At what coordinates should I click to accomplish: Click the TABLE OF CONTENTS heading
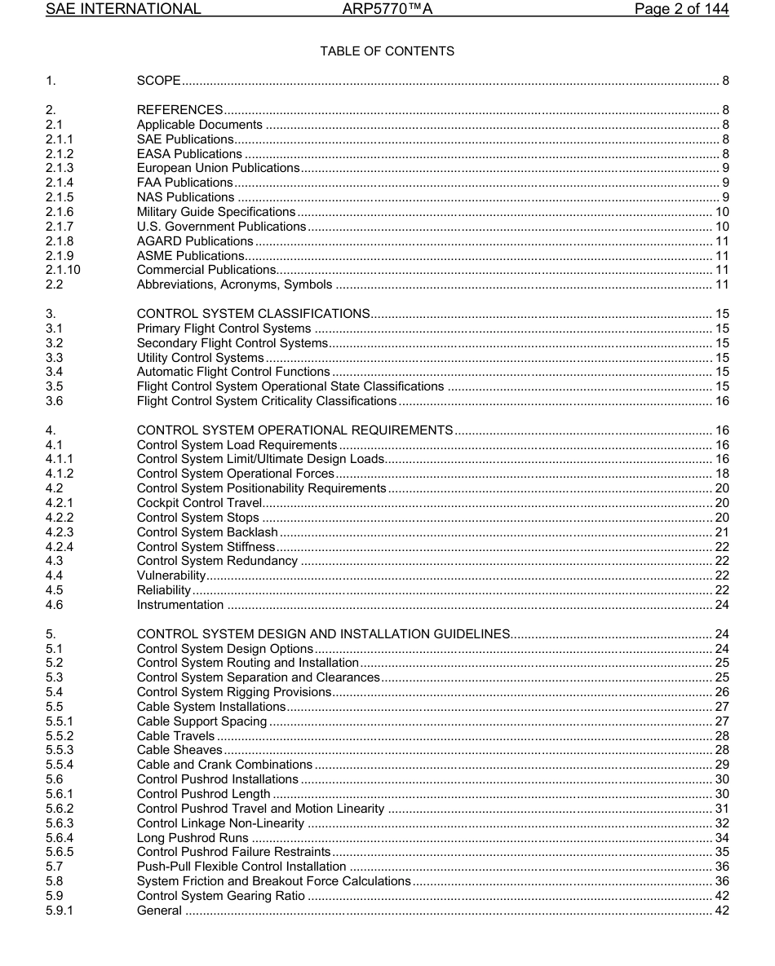pos(387,51)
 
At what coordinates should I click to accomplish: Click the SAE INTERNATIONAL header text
pos(123,10)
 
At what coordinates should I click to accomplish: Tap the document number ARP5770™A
pos(387,10)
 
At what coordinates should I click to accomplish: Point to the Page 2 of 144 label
pos(681,10)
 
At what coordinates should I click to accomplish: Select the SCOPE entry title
pos(158,81)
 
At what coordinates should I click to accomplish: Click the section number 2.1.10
pos(63,270)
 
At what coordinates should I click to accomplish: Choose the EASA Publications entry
pos(189,154)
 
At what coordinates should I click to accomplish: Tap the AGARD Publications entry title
pos(195,241)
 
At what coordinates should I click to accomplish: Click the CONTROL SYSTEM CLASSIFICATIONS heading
pos(253,314)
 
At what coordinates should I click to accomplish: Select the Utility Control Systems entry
pos(200,358)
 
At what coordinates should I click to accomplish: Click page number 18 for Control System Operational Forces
pos(722,474)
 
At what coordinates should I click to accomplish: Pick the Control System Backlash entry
pos(207,532)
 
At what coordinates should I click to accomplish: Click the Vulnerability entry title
pos(170,576)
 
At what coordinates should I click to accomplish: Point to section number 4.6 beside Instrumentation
pos(55,605)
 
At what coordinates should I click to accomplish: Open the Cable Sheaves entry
pos(179,750)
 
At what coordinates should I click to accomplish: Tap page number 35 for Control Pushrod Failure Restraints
pos(722,852)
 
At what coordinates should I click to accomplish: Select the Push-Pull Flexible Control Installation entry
pos(241,867)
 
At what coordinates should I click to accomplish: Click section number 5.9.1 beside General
pos(60,910)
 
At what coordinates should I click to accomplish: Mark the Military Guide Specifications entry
pos(216,212)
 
